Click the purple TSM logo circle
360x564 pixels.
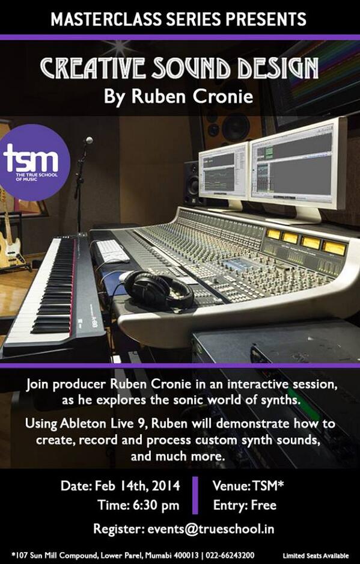click(x=35, y=161)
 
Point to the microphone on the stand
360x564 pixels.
click(x=88, y=141)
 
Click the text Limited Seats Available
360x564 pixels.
click(x=316, y=555)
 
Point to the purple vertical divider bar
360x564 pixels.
click(x=195, y=495)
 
